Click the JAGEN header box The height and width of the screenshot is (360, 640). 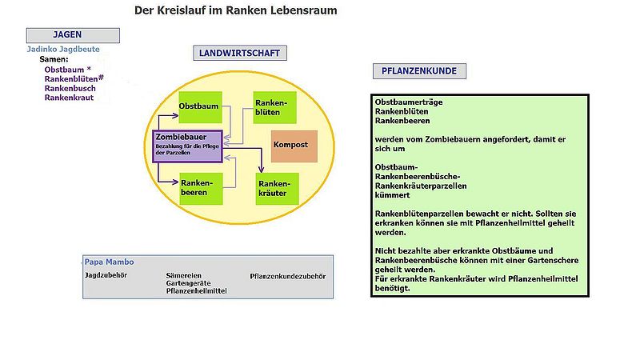[x=73, y=35]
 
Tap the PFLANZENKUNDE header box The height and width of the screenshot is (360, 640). [x=419, y=71]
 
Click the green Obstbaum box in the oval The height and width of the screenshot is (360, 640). [x=199, y=107]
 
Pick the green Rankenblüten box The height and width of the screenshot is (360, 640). [x=274, y=107]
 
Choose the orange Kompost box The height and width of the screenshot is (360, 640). [x=294, y=145]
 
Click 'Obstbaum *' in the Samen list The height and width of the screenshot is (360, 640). [x=68, y=70]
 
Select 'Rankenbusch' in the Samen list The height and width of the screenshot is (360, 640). [x=70, y=88]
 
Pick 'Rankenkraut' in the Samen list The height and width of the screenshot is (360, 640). [x=69, y=98]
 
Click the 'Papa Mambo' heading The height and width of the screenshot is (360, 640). [x=110, y=262]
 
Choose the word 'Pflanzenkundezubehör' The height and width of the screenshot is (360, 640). [x=288, y=276]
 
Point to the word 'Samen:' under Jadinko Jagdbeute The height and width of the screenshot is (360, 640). [x=56, y=59]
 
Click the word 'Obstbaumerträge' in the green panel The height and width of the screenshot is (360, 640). [x=409, y=102]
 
